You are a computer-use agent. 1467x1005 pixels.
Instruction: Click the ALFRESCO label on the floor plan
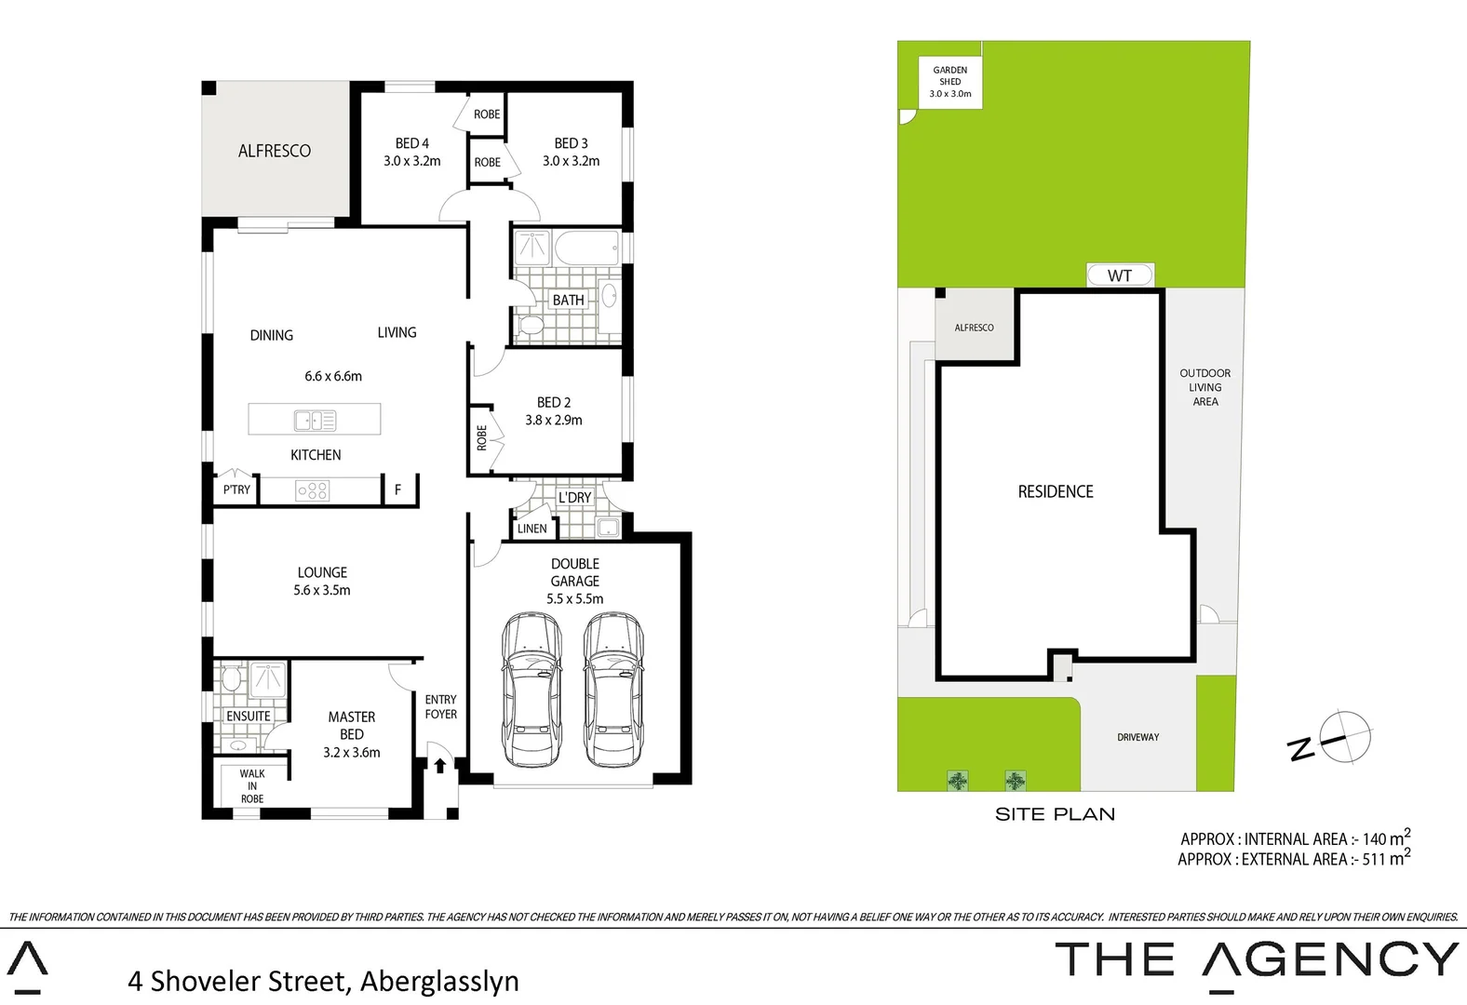tap(274, 151)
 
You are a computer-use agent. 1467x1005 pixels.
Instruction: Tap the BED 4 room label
tap(411, 143)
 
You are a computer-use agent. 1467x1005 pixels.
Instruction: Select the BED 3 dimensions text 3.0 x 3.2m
tap(571, 161)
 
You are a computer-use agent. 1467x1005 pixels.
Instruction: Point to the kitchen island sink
tap(315, 421)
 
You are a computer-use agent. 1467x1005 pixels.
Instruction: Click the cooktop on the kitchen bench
tap(312, 489)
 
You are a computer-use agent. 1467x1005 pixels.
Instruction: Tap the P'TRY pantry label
tap(236, 489)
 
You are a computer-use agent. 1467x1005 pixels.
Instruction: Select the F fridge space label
tap(397, 489)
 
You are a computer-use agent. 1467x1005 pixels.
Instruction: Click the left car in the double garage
tap(532, 690)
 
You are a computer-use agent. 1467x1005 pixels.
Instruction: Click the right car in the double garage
tap(613, 690)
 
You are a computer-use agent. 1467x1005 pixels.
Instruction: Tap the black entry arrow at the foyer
tap(439, 765)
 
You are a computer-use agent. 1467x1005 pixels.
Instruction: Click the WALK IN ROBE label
tap(251, 786)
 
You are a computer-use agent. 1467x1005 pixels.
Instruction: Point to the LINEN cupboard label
tap(532, 529)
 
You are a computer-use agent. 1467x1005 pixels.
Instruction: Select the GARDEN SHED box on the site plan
tap(949, 82)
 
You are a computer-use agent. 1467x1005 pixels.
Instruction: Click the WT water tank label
tap(1120, 275)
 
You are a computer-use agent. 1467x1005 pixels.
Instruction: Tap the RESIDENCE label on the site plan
tap(1056, 491)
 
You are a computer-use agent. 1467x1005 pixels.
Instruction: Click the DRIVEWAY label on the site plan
tap(1137, 737)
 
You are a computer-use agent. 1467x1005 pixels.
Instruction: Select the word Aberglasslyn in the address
tap(439, 981)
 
